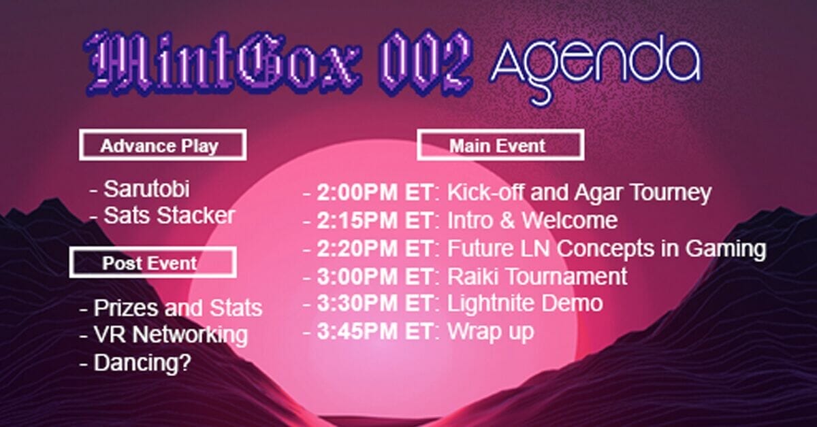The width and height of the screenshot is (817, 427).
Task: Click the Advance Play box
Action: [162, 146]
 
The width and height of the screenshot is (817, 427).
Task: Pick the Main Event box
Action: [500, 146]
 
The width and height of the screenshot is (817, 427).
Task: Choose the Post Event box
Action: [153, 262]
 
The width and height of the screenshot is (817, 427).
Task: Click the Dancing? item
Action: [142, 362]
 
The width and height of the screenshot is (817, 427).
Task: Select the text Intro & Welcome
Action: [532, 220]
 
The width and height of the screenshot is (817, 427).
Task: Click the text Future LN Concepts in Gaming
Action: [606, 249]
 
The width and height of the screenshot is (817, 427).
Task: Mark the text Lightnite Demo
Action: [524, 303]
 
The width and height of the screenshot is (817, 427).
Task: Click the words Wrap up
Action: [490, 331]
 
